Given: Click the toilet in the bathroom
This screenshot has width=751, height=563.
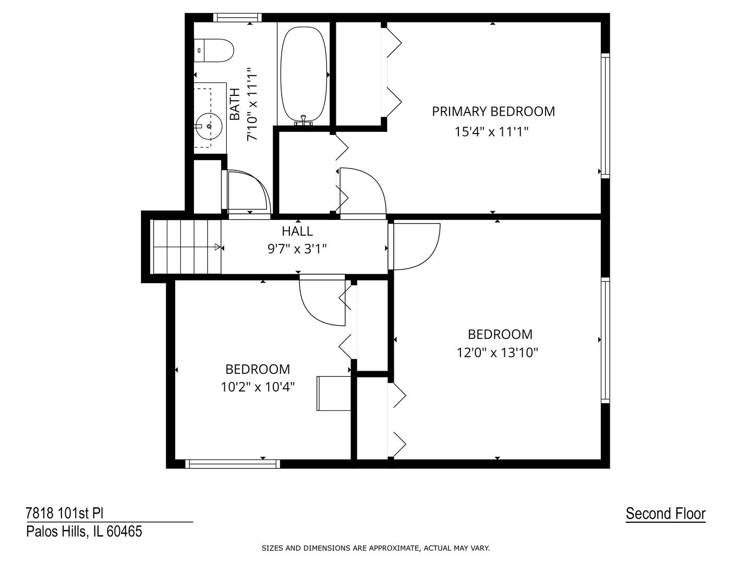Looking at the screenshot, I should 214,51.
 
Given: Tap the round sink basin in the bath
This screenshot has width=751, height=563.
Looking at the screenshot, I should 208,126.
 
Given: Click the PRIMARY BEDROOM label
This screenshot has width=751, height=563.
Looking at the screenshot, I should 493,111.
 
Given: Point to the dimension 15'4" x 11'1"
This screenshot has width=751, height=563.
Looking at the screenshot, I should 492,132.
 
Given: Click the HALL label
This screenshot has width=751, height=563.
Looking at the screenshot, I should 297,231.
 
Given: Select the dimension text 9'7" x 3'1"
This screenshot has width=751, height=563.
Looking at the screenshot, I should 297,249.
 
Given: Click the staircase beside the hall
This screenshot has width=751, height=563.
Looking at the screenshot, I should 186,247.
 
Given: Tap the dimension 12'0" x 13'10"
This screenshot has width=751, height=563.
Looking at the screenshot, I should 497,353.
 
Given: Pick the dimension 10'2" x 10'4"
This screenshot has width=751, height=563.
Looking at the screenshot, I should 258,387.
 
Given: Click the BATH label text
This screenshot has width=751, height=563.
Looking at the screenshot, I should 235,104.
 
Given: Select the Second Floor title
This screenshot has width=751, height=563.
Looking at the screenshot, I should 665,513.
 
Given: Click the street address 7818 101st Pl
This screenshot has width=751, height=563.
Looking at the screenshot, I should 65,513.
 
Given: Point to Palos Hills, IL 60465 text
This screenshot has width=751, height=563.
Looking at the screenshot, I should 84,532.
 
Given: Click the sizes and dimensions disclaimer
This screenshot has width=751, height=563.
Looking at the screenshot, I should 375,548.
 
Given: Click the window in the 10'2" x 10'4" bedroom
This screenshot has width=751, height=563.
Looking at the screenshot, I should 233,463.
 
